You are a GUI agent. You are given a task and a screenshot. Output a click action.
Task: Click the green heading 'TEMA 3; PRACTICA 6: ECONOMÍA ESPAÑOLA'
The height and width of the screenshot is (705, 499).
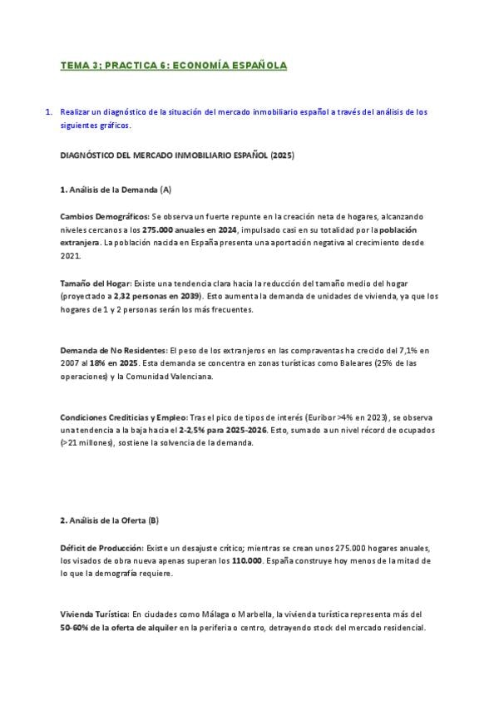pos(174,64)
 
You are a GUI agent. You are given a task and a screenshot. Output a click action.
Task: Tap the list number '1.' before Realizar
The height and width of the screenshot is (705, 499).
pos(50,111)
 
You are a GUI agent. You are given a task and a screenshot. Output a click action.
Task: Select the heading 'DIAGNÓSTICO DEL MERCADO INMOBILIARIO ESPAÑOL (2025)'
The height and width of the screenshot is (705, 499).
pos(177,155)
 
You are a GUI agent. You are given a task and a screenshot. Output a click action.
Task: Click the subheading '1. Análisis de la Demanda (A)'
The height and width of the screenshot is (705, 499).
pos(116,190)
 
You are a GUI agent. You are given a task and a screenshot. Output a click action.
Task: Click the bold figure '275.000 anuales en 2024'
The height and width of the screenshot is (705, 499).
pos(190,229)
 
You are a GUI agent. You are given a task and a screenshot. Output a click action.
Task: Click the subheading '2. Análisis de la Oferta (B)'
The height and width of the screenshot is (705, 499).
pos(109,520)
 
